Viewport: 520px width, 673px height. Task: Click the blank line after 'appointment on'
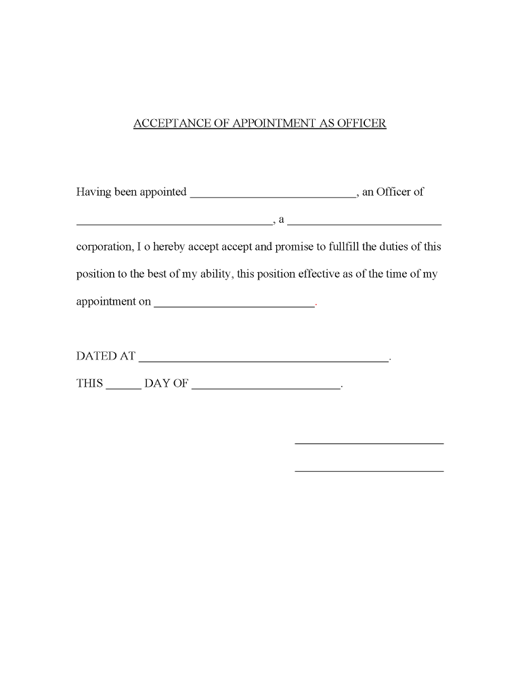(x=235, y=305)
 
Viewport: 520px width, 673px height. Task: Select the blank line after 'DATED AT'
(x=264, y=360)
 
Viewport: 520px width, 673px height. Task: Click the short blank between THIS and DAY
(x=124, y=388)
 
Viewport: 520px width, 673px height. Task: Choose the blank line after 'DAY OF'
(x=266, y=388)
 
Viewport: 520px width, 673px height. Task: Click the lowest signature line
(x=369, y=470)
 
